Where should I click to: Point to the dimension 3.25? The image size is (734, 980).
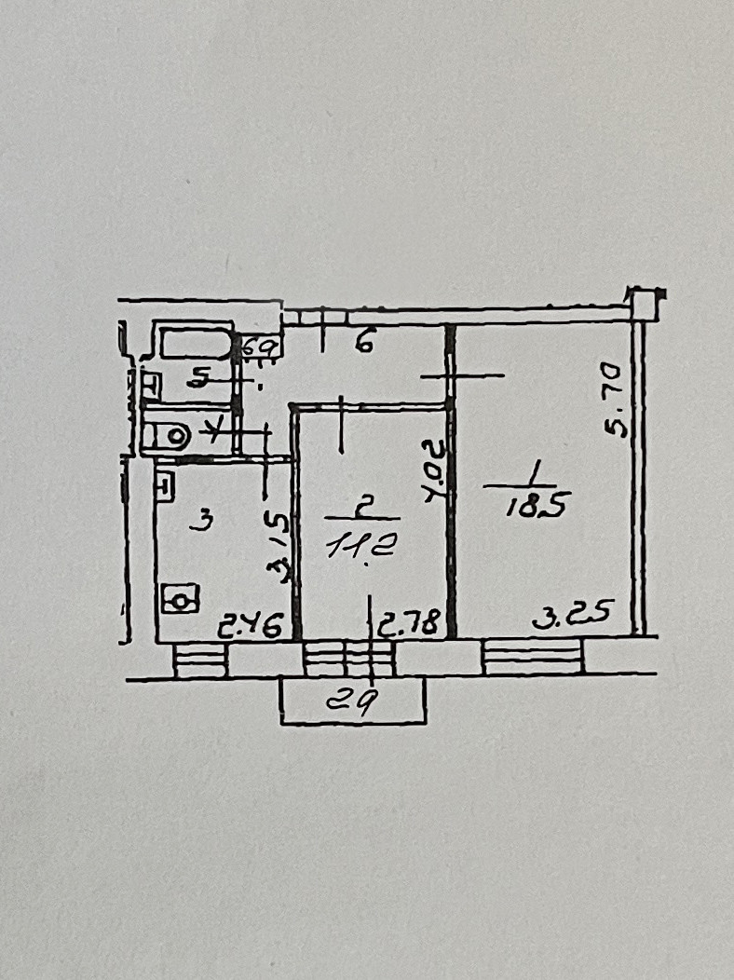tap(572, 615)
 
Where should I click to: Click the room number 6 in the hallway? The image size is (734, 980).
tap(363, 344)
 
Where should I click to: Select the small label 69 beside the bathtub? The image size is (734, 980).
tap(262, 347)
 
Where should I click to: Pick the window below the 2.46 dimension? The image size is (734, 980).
tap(201, 660)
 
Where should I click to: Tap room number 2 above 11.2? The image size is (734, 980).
tap(366, 506)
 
